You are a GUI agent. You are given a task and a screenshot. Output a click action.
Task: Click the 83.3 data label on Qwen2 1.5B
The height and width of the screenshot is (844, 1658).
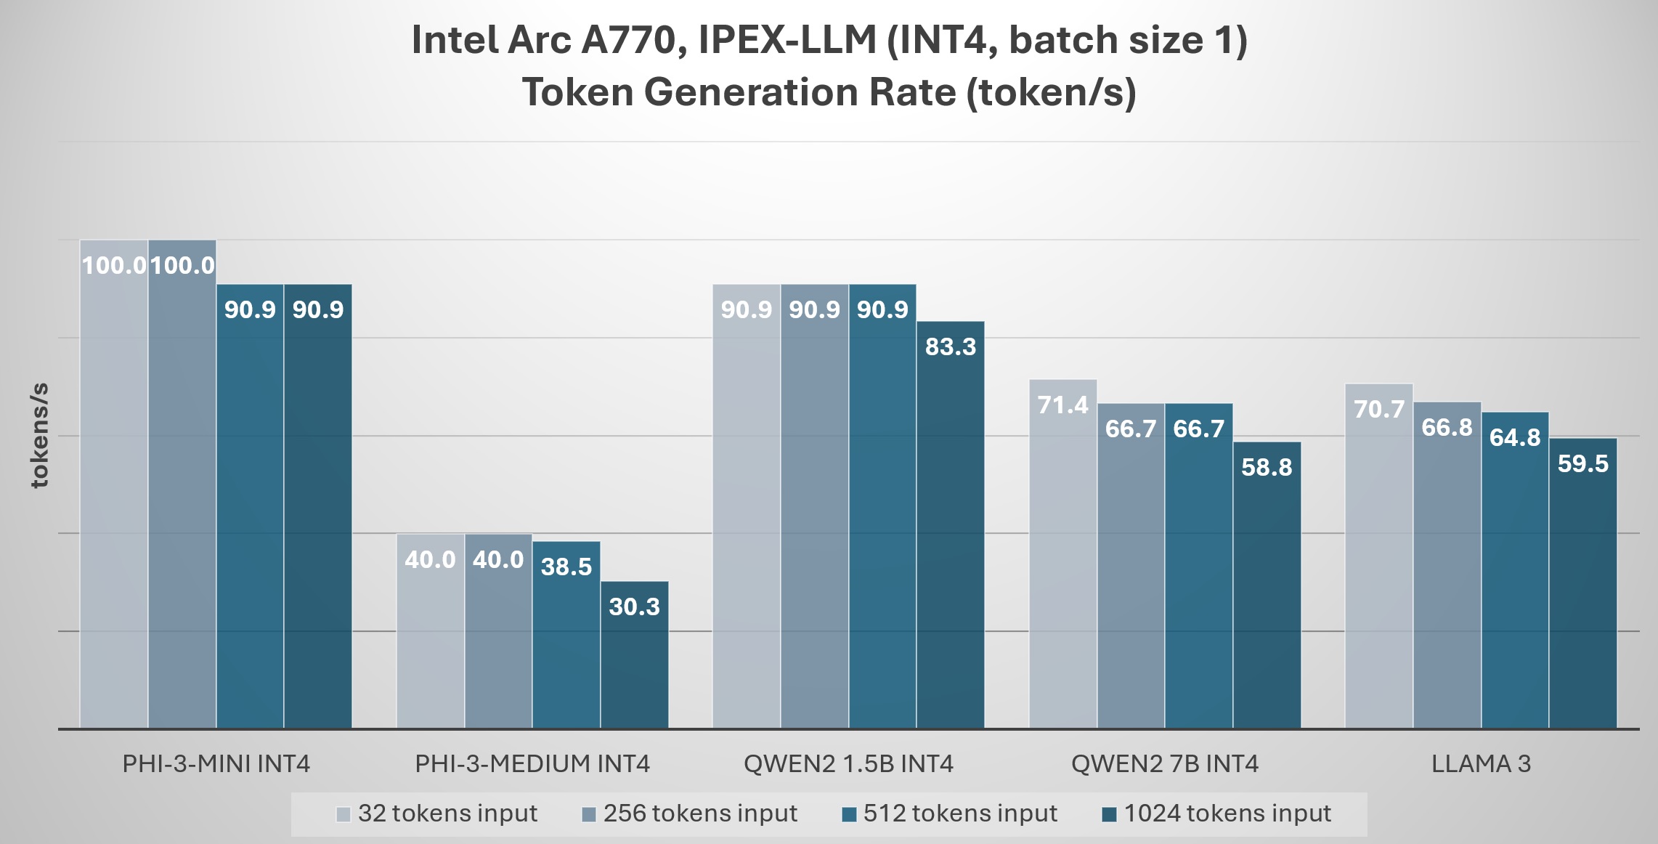click(x=950, y=347)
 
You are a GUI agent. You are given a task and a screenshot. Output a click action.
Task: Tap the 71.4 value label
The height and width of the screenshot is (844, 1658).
click(x=1062, y=405)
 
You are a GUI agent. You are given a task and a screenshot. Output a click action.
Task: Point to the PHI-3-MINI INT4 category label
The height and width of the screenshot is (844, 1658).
click(x=216, y=764)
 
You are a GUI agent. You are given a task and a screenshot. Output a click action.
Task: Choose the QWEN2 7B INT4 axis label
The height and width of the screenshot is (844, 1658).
click(x=1164, y=764)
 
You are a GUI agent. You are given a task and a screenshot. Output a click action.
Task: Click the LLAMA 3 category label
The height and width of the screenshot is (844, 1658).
click(x=1481, y=764)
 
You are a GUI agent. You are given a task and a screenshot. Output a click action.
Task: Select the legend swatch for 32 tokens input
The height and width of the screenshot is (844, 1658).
click(x=344, y=814)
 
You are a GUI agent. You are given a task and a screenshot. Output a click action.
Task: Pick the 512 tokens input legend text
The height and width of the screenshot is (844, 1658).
click(x=959, y=813)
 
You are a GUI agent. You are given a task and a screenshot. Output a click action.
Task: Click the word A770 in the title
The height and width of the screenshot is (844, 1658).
click(x=628, y=40)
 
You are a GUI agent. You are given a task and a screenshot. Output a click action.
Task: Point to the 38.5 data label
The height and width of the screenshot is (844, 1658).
click(x=566, y=567)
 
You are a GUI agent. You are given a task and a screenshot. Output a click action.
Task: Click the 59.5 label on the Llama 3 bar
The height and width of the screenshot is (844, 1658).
click(x=1583, y=464)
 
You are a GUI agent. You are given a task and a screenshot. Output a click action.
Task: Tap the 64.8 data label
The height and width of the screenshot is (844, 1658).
click(x=1514, y=438)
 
